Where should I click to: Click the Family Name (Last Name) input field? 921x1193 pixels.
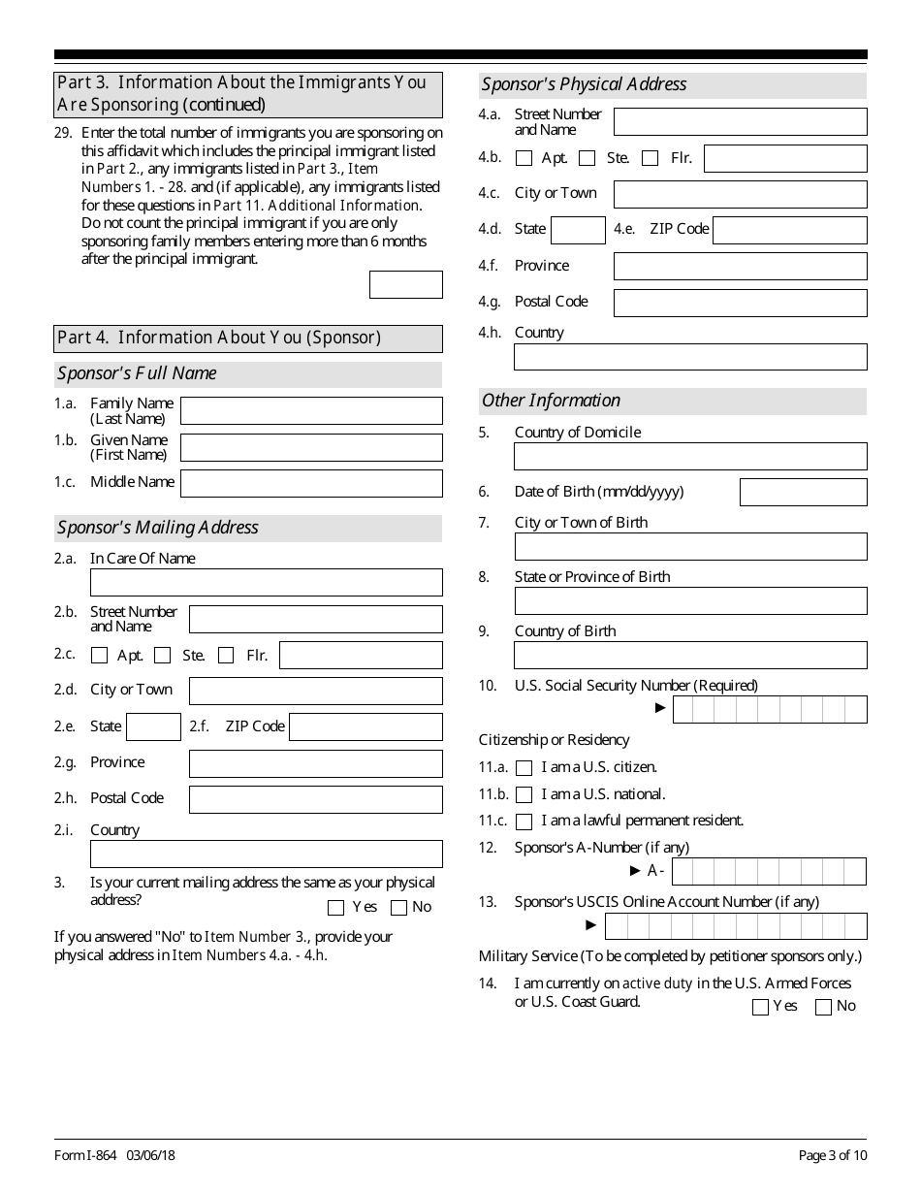tap(311, 411)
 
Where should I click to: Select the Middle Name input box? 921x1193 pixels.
tap(311, 483)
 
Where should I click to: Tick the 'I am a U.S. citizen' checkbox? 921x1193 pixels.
tap(524, 768)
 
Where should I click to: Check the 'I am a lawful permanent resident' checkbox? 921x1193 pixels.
tap(524, 822)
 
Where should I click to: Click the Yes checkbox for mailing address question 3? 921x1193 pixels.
tap(336, 909)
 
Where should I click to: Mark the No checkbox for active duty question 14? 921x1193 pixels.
tap(824, 1008)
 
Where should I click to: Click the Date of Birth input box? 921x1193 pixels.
tap(803, 493)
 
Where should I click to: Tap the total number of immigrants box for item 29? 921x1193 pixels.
tap(405, 285)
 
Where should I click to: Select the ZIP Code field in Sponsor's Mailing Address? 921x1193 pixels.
tap(365, 727)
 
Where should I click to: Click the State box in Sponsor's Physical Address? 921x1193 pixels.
tap(578, 231)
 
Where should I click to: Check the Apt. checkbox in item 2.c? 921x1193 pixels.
tap(99, 656)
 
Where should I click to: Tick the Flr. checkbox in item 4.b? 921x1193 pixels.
tap(651, 158)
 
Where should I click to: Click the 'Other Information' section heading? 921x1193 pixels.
tap(551, 401)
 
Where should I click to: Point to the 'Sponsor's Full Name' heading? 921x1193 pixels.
tap(137, 373)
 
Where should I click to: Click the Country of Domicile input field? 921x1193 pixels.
tap(690, 457)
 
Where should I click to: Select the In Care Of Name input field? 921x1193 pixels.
tap(266, 582)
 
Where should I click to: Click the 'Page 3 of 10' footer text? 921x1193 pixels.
tap(832, 1155)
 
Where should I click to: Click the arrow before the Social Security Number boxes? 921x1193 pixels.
tap(661, 708)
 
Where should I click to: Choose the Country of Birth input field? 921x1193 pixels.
tap(690, 656)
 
